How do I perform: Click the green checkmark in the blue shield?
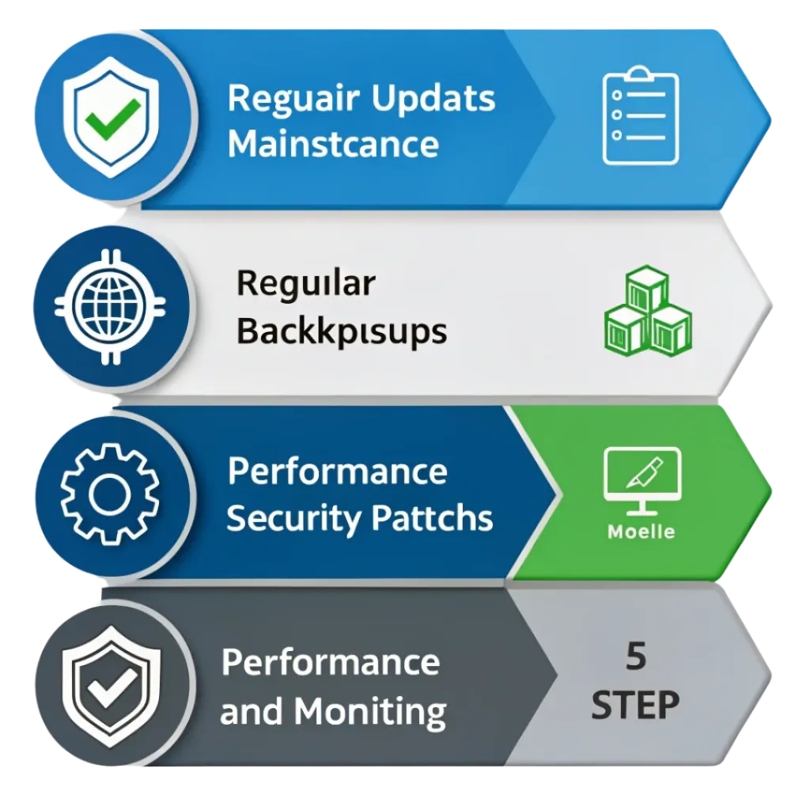tap(112, 119)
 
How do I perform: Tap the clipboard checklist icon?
tap(641, 115)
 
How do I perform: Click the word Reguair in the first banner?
tap(293, 98)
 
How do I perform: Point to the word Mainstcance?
tap(333, 143)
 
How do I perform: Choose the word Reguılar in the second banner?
tap(306, 284)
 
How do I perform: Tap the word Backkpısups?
tap(342, 331)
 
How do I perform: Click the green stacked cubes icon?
tap(648, 311)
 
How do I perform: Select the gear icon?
tap(109, 494)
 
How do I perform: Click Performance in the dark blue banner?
tap(337, 471)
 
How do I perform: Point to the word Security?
tap(293, 519)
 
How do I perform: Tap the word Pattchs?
tap(433, 517)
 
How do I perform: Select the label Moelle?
tap(641, 532)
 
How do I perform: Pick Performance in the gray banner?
tap(331, 662)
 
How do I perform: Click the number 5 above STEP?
tap(636, 656)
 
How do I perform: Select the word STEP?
tap(635, 705)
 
